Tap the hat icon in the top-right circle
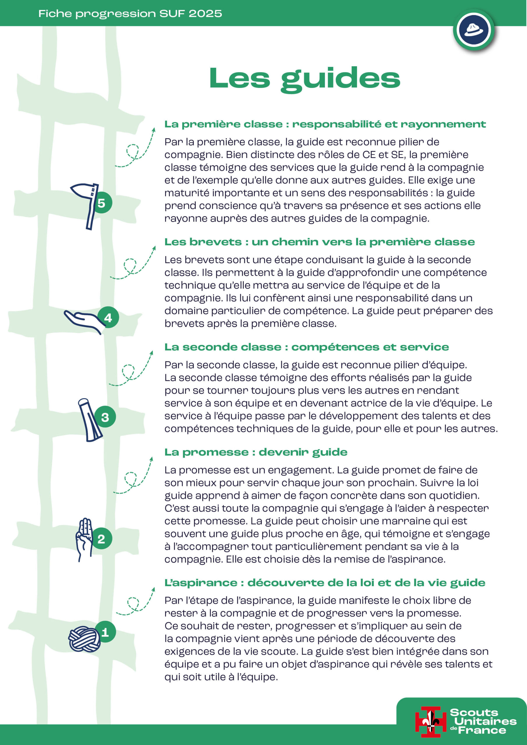tap(474, 30)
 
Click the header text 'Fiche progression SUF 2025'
tap(130, 14)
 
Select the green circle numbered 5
tap(102, 203)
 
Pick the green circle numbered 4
tap(108, 317)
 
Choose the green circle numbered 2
tap(102, 539)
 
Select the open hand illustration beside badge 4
tap(83, 321)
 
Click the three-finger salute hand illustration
tap(84, 539)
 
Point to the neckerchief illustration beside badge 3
tap(90, 420)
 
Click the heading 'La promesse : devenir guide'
tap(256, 452)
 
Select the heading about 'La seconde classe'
tap(307, 347)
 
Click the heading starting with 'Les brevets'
tap(319, 242)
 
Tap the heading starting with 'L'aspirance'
tap(325, 583)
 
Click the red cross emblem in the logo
tap(431, 722)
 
